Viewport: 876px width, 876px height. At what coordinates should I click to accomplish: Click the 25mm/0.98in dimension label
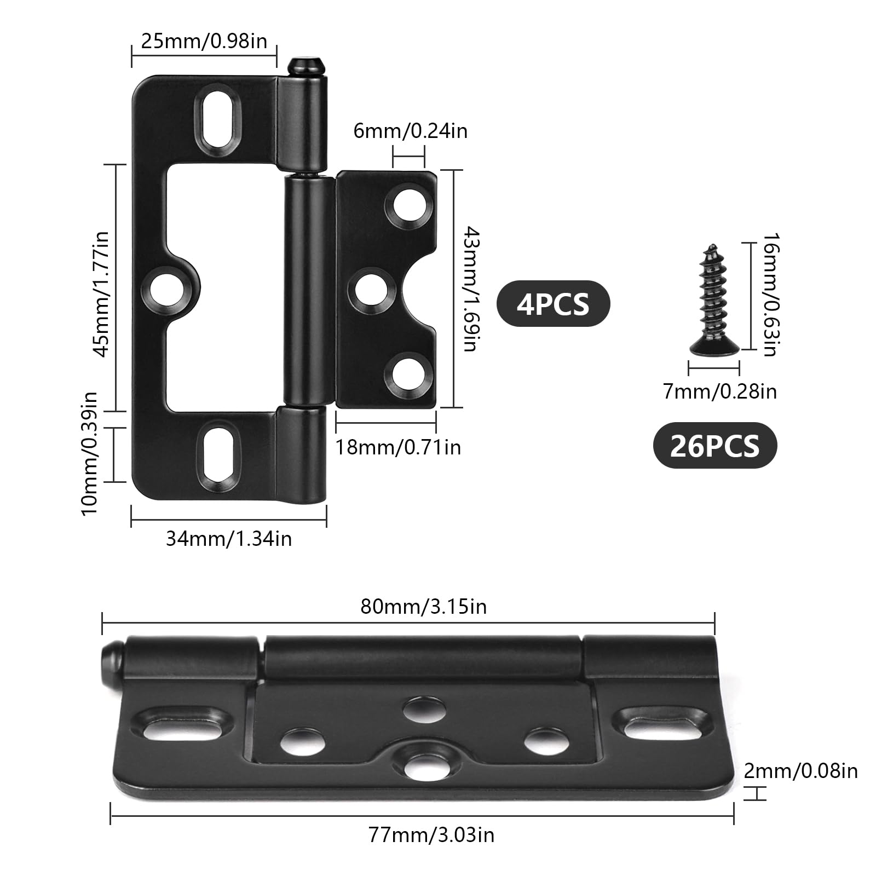pyautogui.click(x=204, y=41)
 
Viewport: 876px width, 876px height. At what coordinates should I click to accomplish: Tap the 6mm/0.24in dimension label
pyautogui.click(x=410, y=131)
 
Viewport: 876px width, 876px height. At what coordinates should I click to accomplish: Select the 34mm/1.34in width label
pyautogui.click(x=229, y=539)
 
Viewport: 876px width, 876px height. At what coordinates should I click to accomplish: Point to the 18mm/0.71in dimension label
pyautogui.click(x=398, y=447)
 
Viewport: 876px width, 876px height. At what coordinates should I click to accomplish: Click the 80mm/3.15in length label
pyautogui.click(x=423, y=607)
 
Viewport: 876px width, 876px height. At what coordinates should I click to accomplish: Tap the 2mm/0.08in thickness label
pyautogui.click(x=800, y=771)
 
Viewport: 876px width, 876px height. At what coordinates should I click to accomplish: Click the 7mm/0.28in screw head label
pyautogui.click(x=719, y=391)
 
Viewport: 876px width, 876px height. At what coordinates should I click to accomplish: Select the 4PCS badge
pyautogui.click(x=553, y=303)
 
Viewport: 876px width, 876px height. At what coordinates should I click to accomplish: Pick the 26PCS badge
pyautogui.click(x=715, y=446)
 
